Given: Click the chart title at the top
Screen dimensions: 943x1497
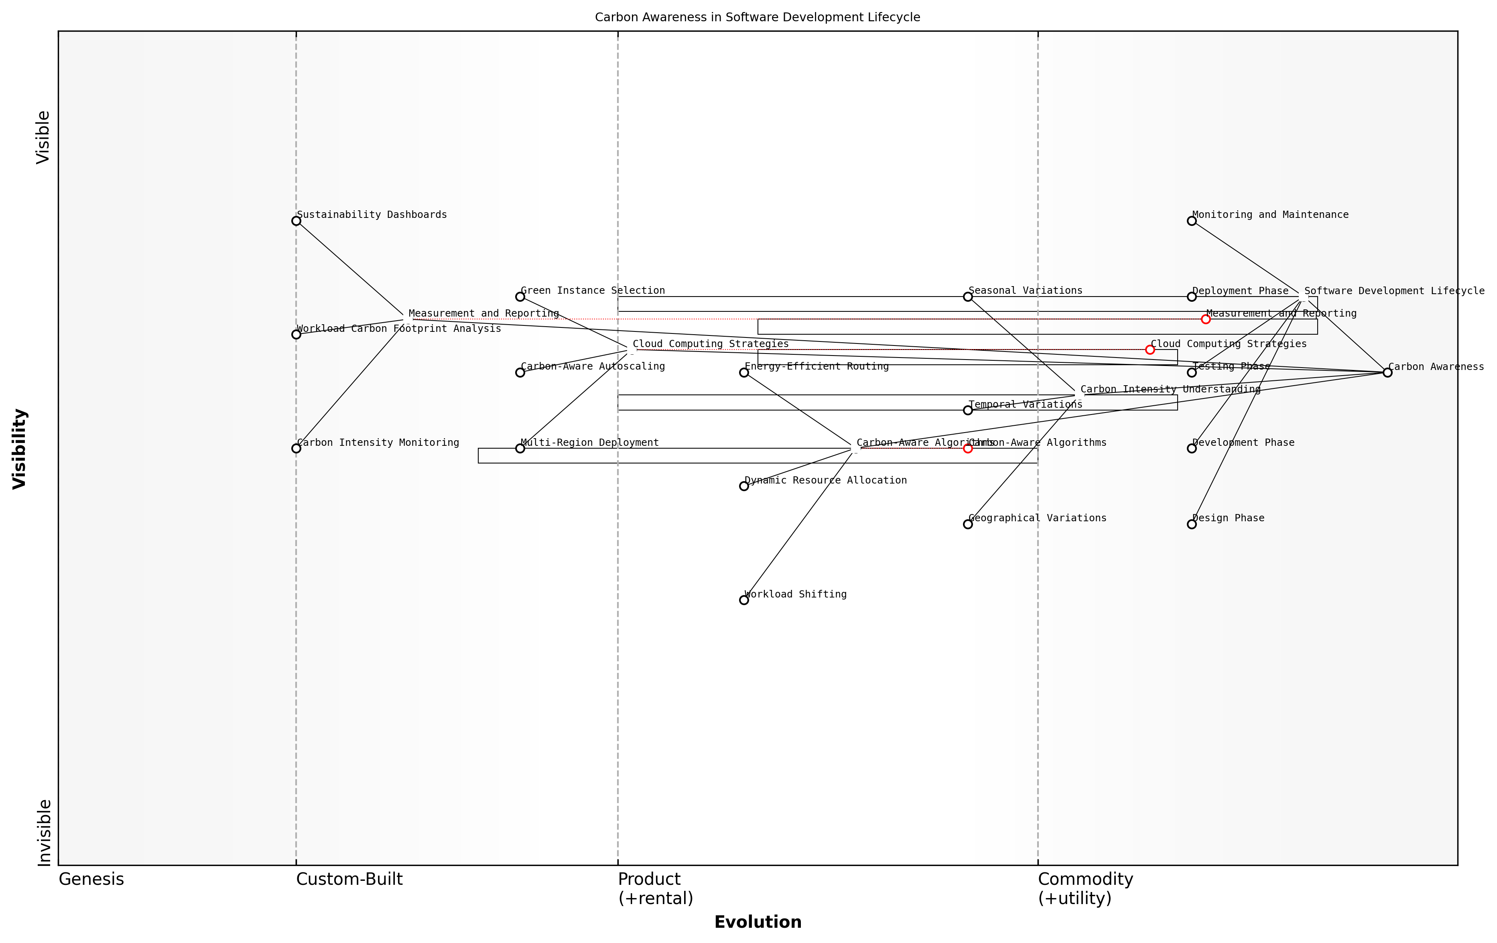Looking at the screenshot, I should point(757,17).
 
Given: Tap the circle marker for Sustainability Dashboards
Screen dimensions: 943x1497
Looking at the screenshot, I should point(296,221).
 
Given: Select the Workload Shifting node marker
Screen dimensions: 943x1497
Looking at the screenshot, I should point(743,600).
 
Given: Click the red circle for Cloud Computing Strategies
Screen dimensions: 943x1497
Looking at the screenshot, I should point(1150,350).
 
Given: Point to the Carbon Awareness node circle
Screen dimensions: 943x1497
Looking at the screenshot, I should point(1387,372).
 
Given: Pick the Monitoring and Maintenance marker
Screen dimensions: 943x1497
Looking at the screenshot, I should point(1191,221).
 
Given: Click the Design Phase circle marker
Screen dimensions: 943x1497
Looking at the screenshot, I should point(1191,524).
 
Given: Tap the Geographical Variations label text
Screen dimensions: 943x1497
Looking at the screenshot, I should point(1037,518).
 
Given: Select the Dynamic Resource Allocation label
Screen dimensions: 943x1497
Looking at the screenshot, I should point(826,480).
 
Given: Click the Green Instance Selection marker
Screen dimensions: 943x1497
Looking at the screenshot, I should point(520,297).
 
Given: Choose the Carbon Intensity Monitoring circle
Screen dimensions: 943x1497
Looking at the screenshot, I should point(296,448).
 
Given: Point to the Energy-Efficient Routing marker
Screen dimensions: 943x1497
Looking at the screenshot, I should point(743,372).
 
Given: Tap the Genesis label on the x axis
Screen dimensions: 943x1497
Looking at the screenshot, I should point(91,879).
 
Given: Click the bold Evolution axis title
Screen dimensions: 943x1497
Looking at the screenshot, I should point(757,922).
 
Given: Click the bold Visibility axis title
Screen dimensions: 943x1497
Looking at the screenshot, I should point(20,448).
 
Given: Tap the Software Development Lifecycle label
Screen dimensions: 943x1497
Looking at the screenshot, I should point(1394,291).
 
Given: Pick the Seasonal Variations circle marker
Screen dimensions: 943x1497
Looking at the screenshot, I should point(967,297).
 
